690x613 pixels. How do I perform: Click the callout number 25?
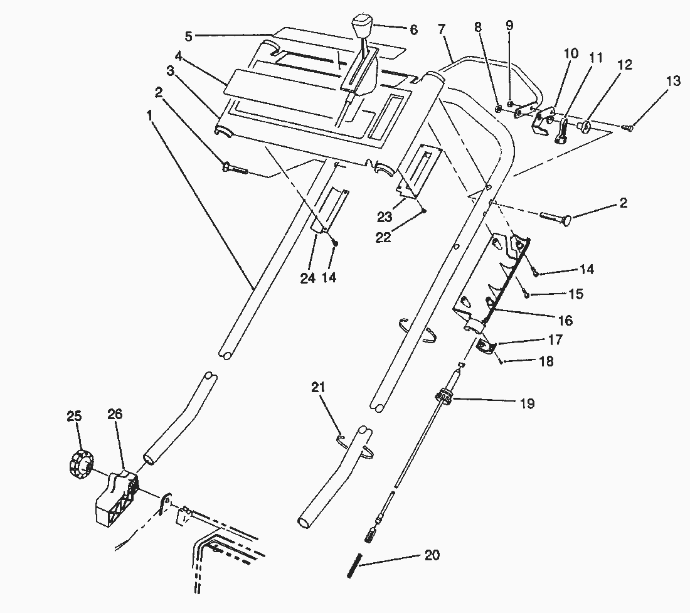coord(74,415)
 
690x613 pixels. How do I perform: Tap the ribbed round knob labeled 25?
coord(78,465)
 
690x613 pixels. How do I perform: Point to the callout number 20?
coord(432,555)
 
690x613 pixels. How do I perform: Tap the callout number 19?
coord(527,403)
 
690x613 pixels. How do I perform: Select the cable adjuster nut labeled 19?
coord(443,398)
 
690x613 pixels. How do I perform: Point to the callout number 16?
coord(565,321)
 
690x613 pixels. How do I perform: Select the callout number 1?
coord(149,115)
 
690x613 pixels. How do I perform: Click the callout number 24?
coord(307,278)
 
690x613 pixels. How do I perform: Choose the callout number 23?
coord(385,217)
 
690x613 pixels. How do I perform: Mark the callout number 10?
coord(571,54)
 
